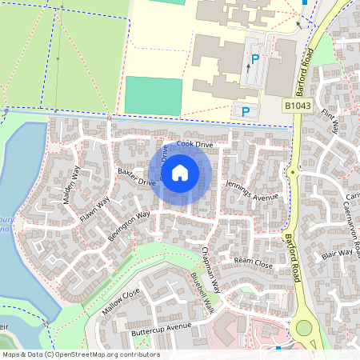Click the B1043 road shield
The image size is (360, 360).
[295, 106]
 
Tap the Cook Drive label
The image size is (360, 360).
[195, 145]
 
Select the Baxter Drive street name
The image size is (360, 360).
[136, 178]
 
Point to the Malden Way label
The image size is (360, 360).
[72, 185]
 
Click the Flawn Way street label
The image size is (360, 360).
[93, 209]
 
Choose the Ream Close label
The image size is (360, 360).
[253, 262]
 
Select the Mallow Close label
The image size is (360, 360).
[121, 302]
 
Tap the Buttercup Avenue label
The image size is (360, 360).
[162, 327]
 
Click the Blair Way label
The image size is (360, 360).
[337, 254]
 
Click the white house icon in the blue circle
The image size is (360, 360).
[180, 172]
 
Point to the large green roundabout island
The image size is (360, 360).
[304, 329]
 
